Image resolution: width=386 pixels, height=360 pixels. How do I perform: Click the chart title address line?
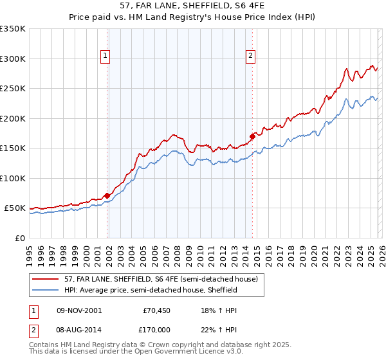192,5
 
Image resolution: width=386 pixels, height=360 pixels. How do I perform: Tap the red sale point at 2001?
107,195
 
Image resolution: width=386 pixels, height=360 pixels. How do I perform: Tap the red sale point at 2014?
252,136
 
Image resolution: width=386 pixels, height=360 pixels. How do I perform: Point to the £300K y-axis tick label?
13,59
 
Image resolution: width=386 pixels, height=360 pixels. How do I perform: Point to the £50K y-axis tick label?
15,208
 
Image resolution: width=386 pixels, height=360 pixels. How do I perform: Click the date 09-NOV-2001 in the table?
78,310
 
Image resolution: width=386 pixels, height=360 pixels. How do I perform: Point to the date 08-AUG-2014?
78,330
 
